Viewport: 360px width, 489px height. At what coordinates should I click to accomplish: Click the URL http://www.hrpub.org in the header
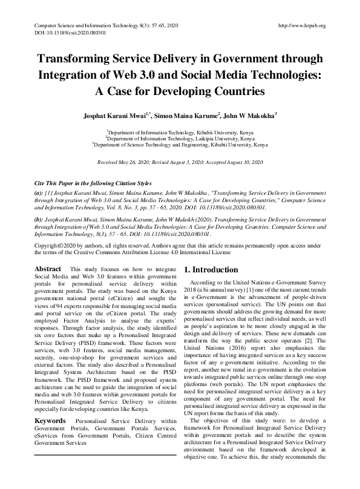point(301,25)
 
